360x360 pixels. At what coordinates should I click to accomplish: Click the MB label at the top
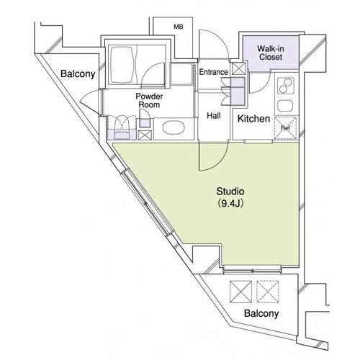tap(179, 27)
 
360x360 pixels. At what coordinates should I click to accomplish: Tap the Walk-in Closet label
tap(271, 53)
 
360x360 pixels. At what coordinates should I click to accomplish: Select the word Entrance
tap(213, 72)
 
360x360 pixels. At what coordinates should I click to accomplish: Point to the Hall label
tap(214, 116)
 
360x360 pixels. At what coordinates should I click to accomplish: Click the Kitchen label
tap(253, 119)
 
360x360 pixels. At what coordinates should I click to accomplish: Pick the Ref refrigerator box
tap(285, 127)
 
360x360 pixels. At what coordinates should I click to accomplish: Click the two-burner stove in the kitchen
tap(286, 86)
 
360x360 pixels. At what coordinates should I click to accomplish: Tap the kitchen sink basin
tap(285, 106)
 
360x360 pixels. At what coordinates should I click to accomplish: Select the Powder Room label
tap(149, 100)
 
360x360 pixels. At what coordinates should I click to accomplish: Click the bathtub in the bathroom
tap(122, 64)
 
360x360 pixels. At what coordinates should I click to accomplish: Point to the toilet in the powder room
tap(122, 127)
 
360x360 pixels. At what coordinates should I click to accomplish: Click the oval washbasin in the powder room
tap(174, 127)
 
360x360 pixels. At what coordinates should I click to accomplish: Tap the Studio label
tap(230, 192)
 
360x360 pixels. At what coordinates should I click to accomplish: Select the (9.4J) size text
tap(230, 204)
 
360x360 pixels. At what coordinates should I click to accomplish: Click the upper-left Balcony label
tap(78, 74)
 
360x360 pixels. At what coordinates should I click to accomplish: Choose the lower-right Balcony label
tap(261, 313)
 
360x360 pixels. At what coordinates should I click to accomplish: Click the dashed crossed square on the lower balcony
tap(268, 292)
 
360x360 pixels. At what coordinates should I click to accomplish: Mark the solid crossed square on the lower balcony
tap(240, 292)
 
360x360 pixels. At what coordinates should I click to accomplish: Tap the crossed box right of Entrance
tap(238, 69)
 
